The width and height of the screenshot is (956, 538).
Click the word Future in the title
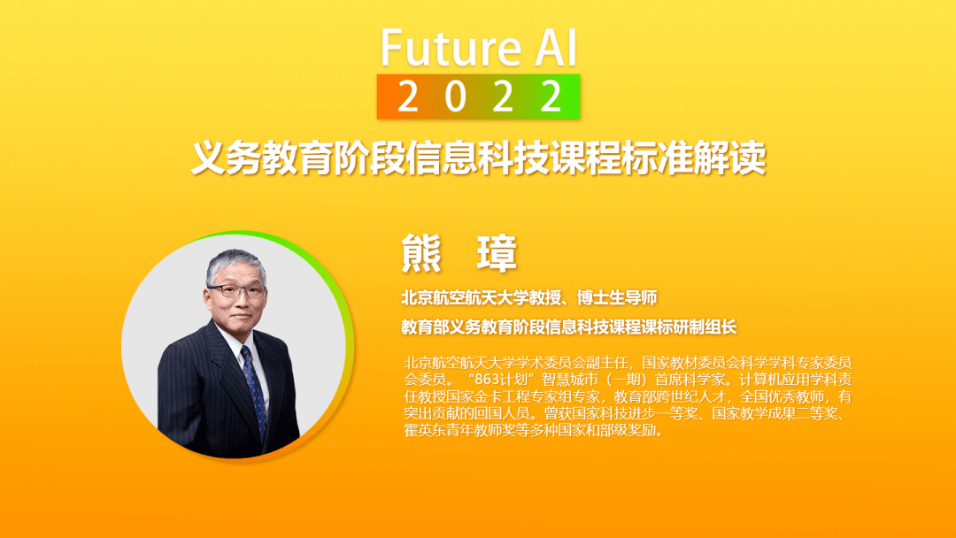tap(451, 48)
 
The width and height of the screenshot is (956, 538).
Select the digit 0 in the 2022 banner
tap(455, 96)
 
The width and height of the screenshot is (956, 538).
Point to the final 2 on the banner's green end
tap(551, 96)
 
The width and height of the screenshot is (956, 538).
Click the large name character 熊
tap(421, 253)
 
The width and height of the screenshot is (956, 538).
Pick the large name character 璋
tap(497, 253)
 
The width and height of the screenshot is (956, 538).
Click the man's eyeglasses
tap(235, 291)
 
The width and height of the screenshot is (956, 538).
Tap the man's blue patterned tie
tap(254, 390)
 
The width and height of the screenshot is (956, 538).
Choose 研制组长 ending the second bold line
tap(705, 327)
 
